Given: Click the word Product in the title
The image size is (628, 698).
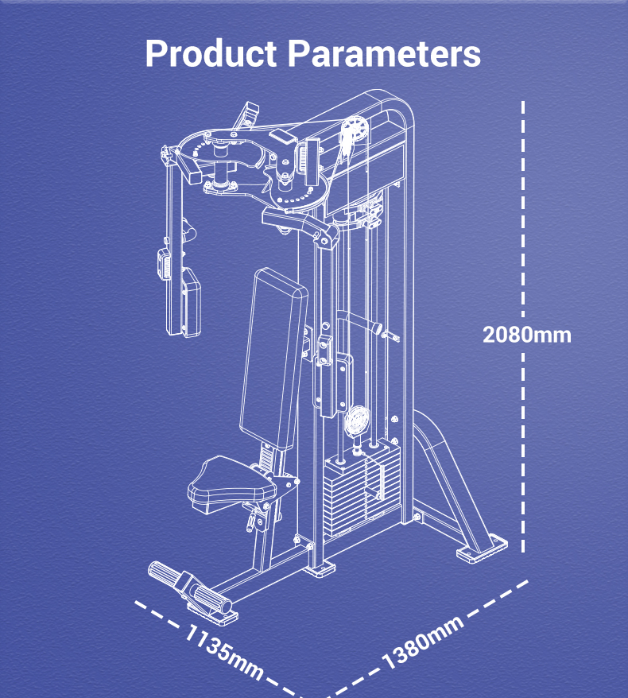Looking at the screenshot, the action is click(x=211, y=54).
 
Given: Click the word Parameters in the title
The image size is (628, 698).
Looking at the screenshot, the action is click(x=384, y=54).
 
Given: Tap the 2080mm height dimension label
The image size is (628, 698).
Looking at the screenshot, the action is click(x=526, y=335).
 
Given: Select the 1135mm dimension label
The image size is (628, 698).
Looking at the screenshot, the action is click(x=224, y=651).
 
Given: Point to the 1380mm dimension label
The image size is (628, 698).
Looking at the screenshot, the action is click(x=423, y=643).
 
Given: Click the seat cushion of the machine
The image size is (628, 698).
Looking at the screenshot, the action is click(x=231, y=484).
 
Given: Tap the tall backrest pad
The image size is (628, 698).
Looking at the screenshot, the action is click(x=273, y=359).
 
